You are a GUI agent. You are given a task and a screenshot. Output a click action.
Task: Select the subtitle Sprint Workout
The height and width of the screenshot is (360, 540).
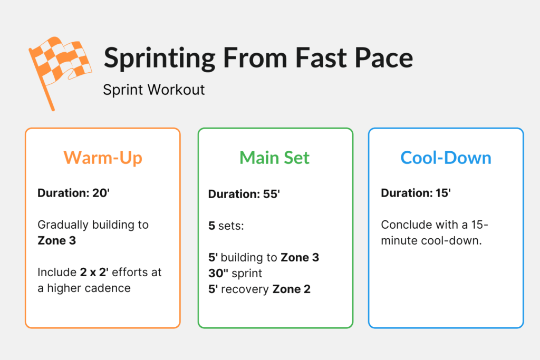(x=153, y=90)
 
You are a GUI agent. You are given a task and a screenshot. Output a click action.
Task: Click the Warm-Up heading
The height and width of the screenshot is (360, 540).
(x=103, y=158)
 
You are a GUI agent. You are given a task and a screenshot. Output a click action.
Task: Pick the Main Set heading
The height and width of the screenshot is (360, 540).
(x=275, y=158)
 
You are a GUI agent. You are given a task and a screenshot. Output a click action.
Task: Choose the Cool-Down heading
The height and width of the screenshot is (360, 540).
(x=446, y=158)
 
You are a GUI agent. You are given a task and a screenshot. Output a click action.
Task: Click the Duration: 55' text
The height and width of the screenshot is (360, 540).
(x=244, y=194)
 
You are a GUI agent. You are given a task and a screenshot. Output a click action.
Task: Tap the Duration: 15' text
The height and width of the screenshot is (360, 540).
(x=416, y=193)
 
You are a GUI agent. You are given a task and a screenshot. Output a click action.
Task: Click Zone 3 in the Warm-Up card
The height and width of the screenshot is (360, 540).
(x=57, y=240)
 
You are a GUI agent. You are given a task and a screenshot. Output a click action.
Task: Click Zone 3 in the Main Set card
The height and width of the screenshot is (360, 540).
(x=300, y=258)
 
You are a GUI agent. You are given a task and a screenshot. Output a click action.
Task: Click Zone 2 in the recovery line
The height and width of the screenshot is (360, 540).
(x=292, y=289)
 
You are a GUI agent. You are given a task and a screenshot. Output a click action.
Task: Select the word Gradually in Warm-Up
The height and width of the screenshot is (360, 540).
(x=62, y=225)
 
